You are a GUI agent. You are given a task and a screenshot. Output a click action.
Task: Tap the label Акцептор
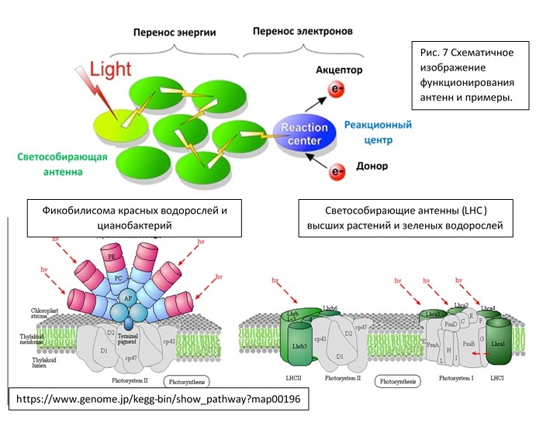coord(340,70)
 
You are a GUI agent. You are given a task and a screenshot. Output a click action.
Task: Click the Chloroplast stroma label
coord(40,314)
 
